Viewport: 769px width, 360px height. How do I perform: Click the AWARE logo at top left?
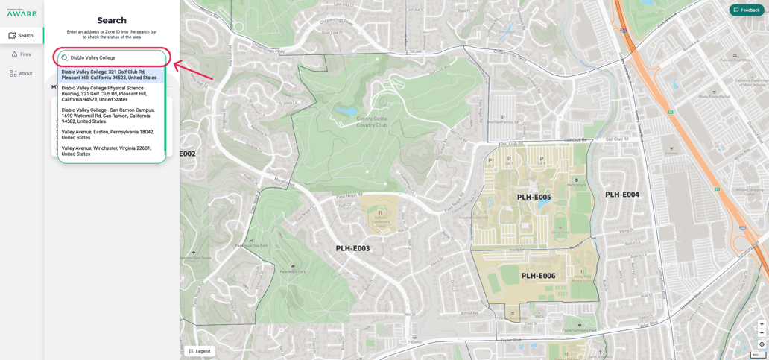click(22, 13)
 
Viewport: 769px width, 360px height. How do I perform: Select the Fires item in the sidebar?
click(22, 54)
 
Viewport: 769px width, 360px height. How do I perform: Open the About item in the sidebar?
click(22, 74)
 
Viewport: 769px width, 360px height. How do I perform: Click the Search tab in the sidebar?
click(22, 36)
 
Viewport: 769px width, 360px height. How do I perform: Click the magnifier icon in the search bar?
click(65, 57)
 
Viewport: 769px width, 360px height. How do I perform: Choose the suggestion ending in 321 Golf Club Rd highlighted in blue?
click(110, 75)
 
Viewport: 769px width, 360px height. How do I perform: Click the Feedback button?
click(747, 10)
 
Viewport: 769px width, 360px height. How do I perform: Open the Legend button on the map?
click(200, 351)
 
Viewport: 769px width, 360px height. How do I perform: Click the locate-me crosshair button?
click(762, 344)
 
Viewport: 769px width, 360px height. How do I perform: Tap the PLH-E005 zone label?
click(534, 198)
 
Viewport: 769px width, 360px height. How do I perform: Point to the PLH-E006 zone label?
click(538, 276)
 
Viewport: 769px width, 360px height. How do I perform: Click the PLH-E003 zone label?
click(352, 249)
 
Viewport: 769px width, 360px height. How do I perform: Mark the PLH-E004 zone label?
click(621, 195)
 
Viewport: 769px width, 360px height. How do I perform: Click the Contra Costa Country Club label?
click(372, 121)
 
